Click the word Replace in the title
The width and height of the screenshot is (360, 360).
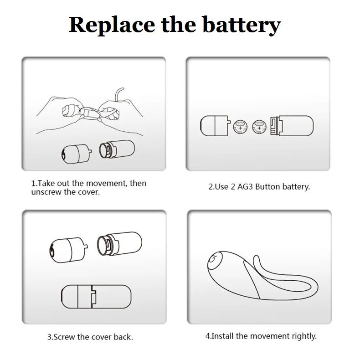(112, 25)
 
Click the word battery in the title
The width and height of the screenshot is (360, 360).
(242, 25)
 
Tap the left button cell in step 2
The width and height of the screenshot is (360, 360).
(241, 127)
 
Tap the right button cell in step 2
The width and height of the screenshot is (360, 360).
(259, 127)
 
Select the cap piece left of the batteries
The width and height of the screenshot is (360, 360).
(215, 126)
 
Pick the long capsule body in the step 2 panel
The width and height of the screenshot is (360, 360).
(292, 126)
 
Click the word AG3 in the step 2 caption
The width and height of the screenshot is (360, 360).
(245, 187)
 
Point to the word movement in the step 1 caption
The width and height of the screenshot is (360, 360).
(106, 183)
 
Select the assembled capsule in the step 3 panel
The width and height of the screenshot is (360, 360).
(97, 297)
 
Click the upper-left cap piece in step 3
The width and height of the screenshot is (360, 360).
(68, 250)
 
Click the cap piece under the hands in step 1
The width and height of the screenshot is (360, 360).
(77, 154)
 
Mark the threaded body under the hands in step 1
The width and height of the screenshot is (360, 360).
(117, 149)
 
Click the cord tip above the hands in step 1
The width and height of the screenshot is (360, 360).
(123, 88)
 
